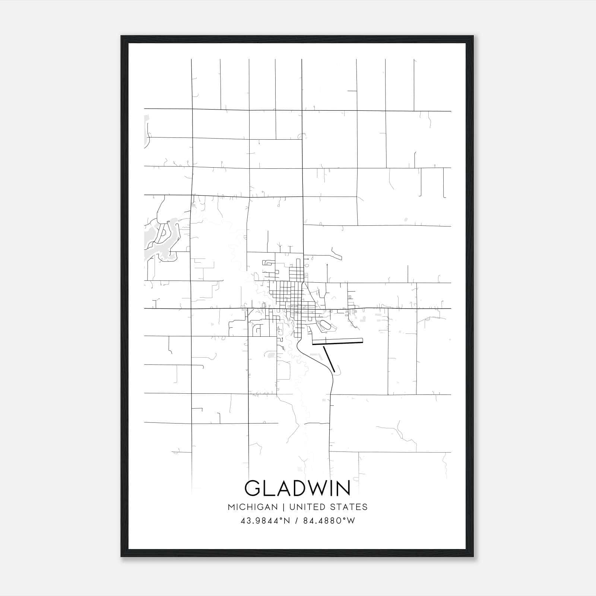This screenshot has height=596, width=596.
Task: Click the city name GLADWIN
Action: click(x=297, y=488)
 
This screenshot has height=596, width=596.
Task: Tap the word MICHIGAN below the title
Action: click(x=253, y=507)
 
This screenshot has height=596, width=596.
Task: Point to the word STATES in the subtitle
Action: click(x=350, y=507)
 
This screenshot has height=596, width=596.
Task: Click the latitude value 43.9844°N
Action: click(x=265, y=520)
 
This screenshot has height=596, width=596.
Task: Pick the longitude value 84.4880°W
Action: click(x=329, y=520)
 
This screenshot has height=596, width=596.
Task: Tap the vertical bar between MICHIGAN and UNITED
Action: click(x=283, y=507)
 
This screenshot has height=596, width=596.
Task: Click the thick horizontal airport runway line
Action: click(x=337, y=342)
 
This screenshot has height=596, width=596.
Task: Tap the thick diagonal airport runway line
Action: click(x=329, y=359)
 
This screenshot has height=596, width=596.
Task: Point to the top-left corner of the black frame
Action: click(x=122, y=37)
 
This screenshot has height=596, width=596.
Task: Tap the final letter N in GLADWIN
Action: click(x=343, y=488)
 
